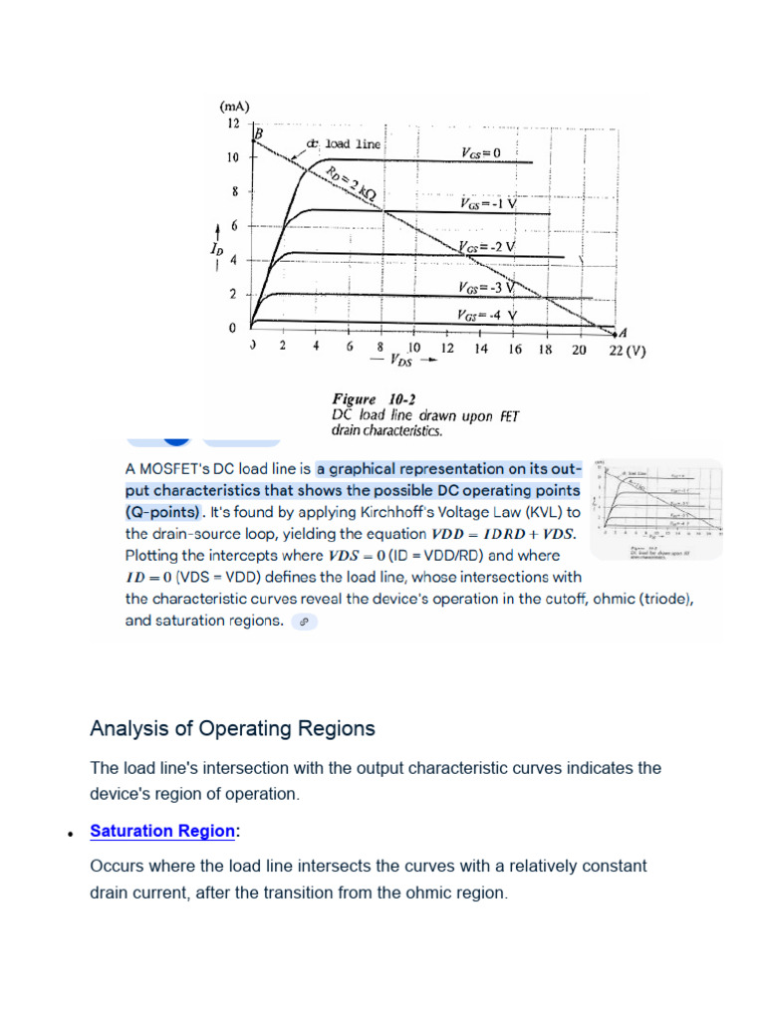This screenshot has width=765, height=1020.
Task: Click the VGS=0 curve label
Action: (481, 152)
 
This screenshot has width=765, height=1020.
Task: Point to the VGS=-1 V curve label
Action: (488, 202)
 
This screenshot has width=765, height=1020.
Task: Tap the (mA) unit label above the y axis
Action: (234, 106)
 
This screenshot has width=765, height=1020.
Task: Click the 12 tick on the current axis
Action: (232, 124)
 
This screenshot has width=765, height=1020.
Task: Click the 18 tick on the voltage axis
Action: (545, 349)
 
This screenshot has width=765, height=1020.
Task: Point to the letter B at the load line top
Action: (258, 134)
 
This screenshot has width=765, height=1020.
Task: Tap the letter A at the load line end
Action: (624, 331)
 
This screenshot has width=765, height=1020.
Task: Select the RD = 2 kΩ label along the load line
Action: (351, 184)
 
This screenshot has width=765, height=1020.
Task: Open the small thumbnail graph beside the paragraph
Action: (656, 509)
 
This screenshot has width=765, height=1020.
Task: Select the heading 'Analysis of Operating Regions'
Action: (232, 728)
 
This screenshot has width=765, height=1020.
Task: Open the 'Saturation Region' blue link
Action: (162, 831)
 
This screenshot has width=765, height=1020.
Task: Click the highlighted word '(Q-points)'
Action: (163, 512)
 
